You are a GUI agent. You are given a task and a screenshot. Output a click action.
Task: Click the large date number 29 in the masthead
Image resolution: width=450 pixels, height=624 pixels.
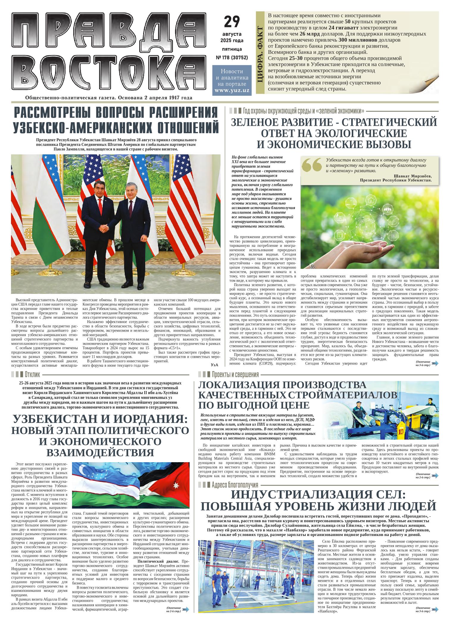point(232,22)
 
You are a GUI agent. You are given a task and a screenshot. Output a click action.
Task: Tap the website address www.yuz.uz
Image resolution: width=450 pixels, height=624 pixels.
point(232,90)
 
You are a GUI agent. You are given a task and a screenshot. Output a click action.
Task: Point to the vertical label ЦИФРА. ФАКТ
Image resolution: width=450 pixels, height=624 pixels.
point(260,54)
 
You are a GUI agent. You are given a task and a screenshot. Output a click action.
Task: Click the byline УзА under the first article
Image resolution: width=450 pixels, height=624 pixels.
point(214,364)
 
